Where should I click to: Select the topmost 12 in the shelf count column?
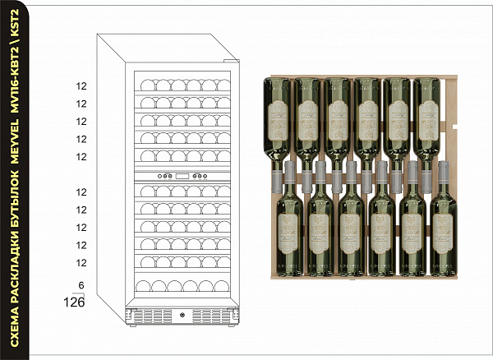tap(81, 85)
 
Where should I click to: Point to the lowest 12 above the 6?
tap(81, 262)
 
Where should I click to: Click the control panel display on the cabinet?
tap(181, 176)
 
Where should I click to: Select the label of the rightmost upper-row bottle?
tap(428, 115)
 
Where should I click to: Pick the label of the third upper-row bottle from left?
tap(336, 115)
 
